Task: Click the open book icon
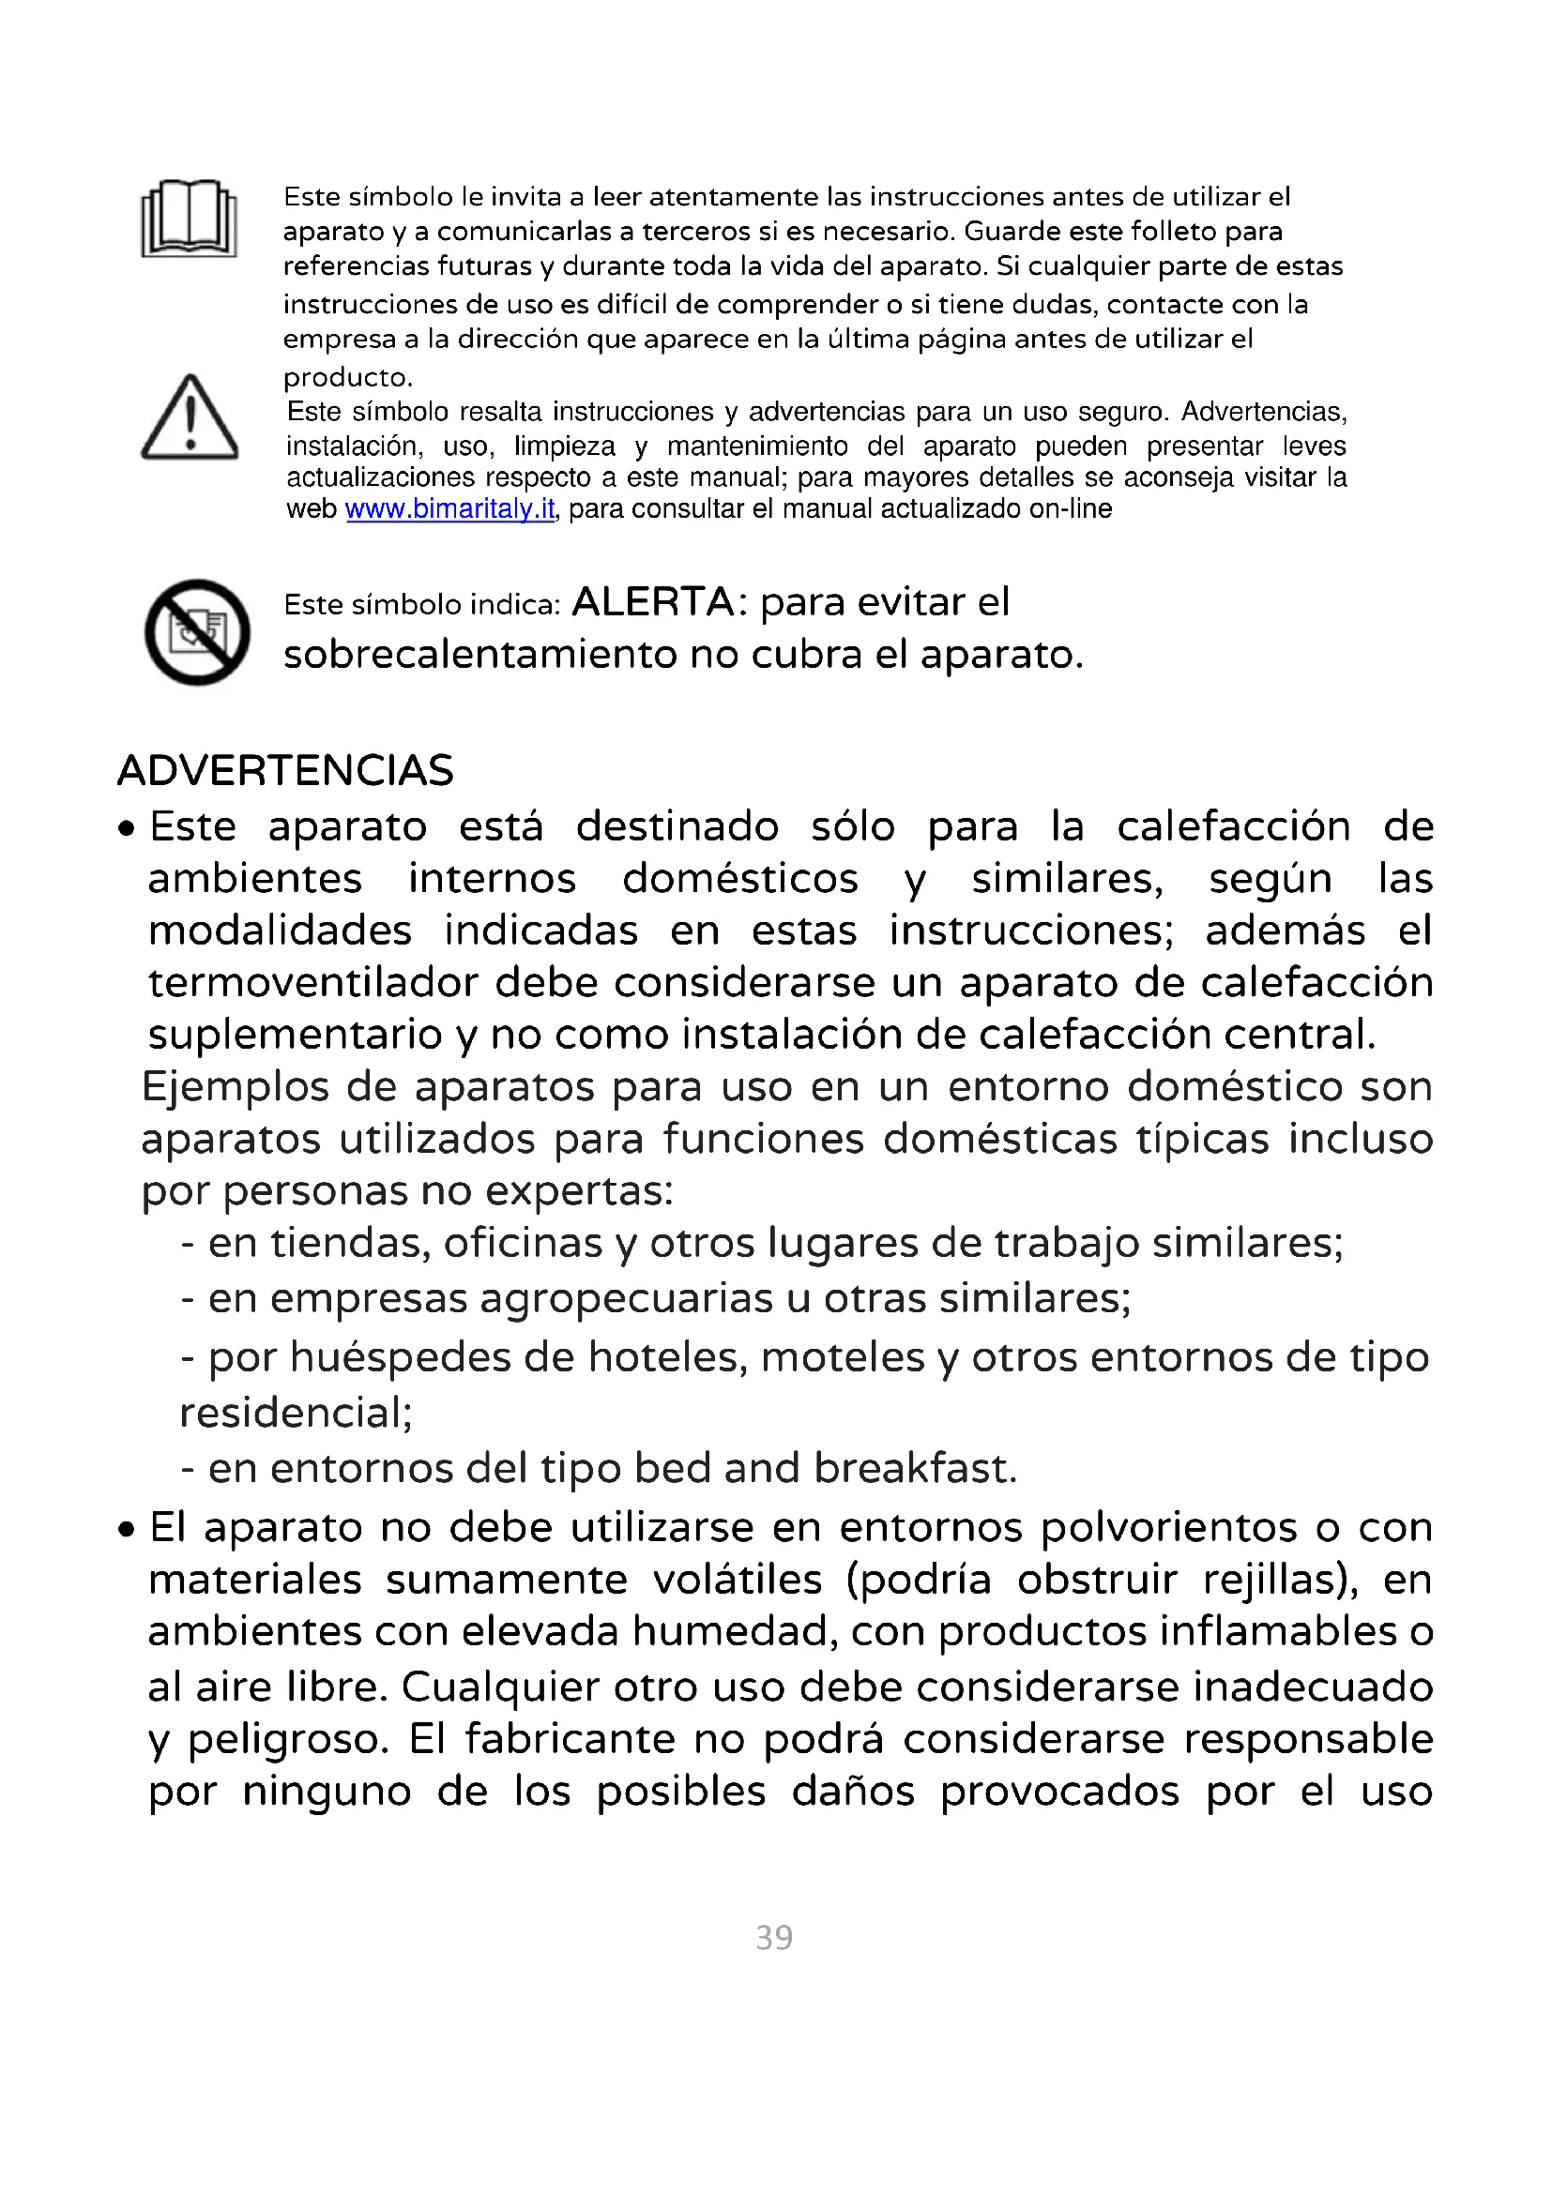tap(190, 219)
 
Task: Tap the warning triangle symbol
tap(190, 418)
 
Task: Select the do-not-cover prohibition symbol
tap(197, 631)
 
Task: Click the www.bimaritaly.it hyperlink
tap(449, 509)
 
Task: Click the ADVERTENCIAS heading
tap(285, 770)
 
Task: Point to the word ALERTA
tap(653, 602)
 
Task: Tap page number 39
tap(774, 1937)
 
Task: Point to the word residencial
tap(295, 1413)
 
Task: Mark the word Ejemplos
tap(236, 1087)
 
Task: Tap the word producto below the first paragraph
tap(346, 377)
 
